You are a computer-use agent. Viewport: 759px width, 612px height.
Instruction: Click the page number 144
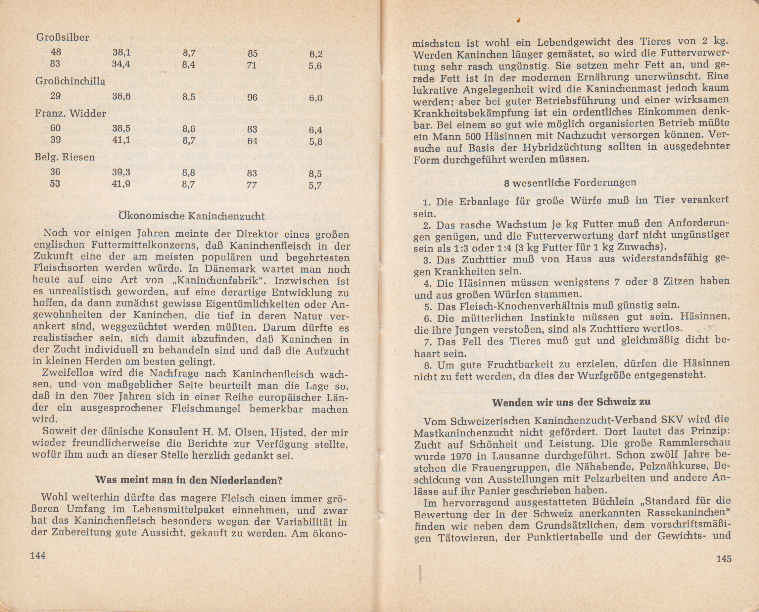38,556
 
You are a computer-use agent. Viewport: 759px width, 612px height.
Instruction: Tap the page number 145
724,559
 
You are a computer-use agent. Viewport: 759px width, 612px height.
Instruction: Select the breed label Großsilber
63,37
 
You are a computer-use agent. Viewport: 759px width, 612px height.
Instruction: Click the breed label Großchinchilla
70,81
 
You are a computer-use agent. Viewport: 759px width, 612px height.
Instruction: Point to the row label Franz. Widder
71,114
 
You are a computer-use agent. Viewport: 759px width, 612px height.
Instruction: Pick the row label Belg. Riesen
65,157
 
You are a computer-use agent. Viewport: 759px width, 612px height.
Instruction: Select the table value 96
252,98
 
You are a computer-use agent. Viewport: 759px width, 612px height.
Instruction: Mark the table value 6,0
315,98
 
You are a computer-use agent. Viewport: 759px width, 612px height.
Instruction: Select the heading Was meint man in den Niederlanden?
189,480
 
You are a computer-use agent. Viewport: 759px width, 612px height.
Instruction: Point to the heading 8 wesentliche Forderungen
570,183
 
